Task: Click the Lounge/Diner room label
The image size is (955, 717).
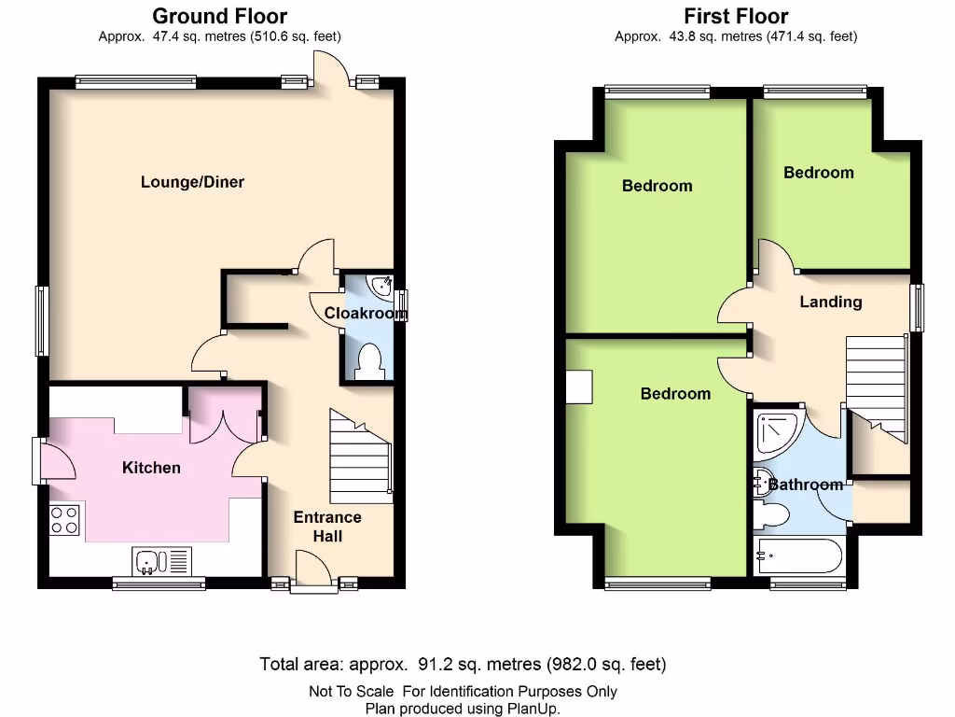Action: click(x=192, y=182)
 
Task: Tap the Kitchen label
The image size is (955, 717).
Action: click(x=151, y=467)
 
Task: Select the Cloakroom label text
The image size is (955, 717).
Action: click(x=366, y=314)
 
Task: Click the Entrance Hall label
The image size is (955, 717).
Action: click(x=327, y=527)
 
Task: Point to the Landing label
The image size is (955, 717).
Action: click(x=830, y=302)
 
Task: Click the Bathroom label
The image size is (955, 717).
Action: click(x=805, y=485)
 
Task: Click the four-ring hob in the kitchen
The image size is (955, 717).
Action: click(x=64, y=519)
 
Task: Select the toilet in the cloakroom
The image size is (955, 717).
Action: click(x=370, y=361)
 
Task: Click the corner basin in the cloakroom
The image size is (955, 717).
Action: click(x=381, y=286)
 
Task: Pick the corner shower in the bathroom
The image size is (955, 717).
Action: click(x=778, y=431)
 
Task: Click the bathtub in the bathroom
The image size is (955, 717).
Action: click(x=798, y=555)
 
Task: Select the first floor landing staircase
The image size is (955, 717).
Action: click(x=877, y=383)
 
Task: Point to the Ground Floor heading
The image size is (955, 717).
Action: click(x=219, y=16)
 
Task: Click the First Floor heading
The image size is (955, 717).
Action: click(x=736, y=16)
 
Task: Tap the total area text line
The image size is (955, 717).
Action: click(x=463, y=665)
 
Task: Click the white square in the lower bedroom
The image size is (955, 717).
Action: click(x=579, y=387)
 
